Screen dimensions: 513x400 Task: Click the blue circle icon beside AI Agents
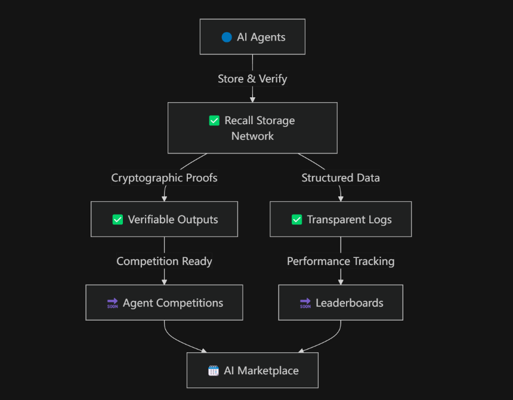pyautogui.click(x=227, y=38)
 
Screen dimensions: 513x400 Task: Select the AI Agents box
pyautogui.click(x=252, y=36)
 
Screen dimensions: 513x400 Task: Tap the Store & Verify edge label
pyautogui.click(x=252, y=79)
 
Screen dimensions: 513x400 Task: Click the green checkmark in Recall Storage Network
pyautogui.click(x=214, y=121)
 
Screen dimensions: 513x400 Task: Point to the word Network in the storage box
pyautogui.click(x=252, y=136)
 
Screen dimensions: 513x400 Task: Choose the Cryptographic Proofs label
pyautogui.click(x=164, y=178)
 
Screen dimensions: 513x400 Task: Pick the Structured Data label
pyautogui.click(x=341, y=178)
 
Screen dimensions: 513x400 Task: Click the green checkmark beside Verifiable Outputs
pyautogui.click(x=118, y=219)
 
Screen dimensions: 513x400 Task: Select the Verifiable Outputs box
pyautogui.click(x=164, y=219)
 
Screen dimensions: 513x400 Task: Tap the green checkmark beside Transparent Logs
pyautogui.click(x=296, y=219)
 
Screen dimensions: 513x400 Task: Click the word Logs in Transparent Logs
pyautogui.click(x=380, y=220)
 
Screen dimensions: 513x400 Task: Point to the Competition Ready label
pyautogui.click(x=164, y=261)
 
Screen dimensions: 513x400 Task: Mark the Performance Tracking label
pyautogui.click(x=341, y=261)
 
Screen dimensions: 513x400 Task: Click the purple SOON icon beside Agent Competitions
pyautogui.click(x=113, y=303)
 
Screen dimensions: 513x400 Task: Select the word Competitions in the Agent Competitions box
pyautogui.click(x=190, y=303)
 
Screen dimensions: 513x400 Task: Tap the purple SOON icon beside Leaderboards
pyautogui.click(x=305, y=303)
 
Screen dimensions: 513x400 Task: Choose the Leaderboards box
pyautogui.click(x=341, y=303)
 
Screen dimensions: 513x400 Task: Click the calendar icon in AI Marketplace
pyautogui.click(x=214, y=371)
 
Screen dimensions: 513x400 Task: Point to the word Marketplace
pyautogui.click(x=268, y=371)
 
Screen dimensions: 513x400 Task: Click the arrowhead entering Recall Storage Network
pyautogui.click(x=252, y=100)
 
